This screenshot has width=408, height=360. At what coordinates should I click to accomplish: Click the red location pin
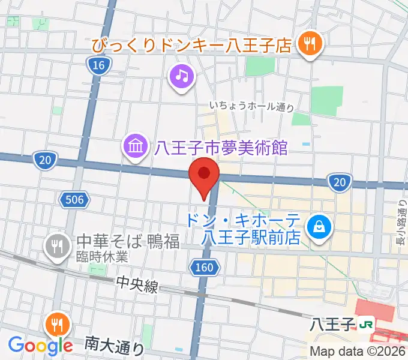pyautogui.click(x=204, y=175)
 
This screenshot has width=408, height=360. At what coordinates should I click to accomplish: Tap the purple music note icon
pyautogui.click(x=182, y=76)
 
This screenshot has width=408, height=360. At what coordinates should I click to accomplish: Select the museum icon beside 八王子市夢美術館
pyautogui.click(x=135, y=146)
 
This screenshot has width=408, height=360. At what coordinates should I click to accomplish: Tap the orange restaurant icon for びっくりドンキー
pyautogui.click(x=310, y=43)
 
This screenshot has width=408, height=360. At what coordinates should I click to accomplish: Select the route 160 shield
pyautogui.click(x=204, y=267)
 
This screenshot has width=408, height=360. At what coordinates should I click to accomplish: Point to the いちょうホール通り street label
pyautogui.click(x=251, y=107)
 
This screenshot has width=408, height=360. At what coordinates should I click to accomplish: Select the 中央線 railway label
pyautogui.click(x=138, y=287)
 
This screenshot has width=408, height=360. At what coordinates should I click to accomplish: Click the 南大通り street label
pyautogui.click(x=114, y=345)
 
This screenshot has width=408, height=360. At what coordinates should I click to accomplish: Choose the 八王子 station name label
pyautogui.click(x=333, y=325)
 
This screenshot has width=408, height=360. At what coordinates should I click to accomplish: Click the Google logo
pyautogui.click(x=40, y=345)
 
